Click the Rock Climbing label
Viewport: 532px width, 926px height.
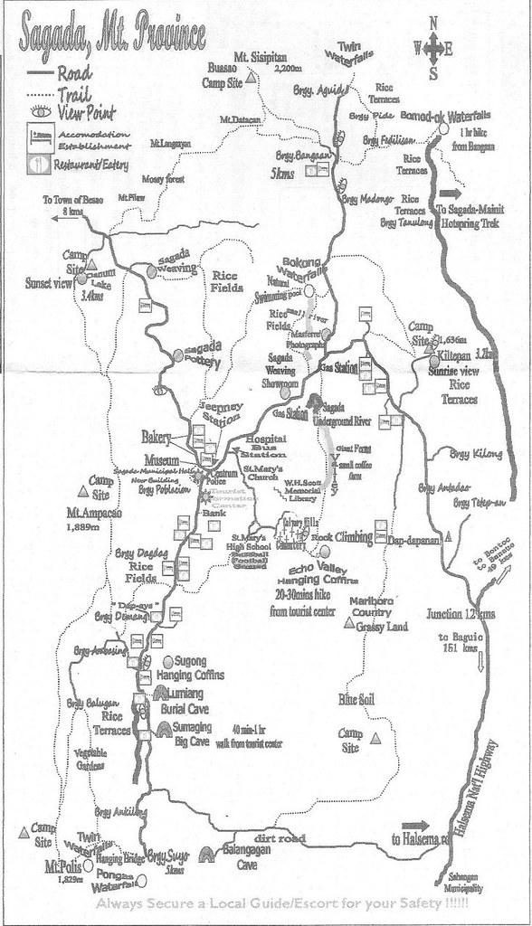(342, 537)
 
